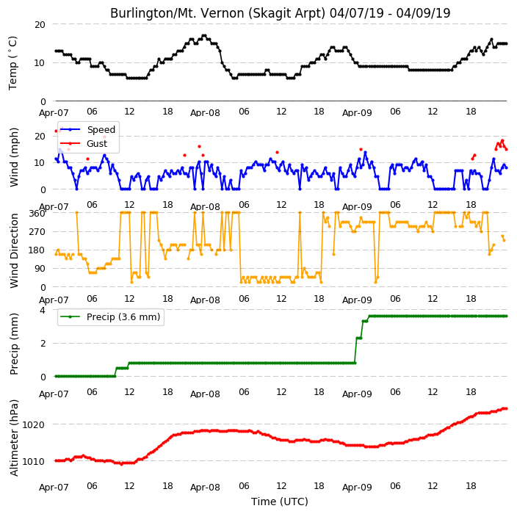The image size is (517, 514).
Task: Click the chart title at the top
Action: point(280,13)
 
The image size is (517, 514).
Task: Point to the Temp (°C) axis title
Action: point(12,63)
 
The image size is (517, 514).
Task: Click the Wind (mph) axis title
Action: point(13,157)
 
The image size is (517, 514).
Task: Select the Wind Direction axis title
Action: point(13,251)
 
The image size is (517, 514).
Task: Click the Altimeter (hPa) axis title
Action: point(13,438)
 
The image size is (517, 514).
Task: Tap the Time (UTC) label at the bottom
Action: point(280,502)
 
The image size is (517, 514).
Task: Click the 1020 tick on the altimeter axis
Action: point(33,424)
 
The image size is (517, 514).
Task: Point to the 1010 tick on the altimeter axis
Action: point(33,461)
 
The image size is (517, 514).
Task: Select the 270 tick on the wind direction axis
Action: point(37,232)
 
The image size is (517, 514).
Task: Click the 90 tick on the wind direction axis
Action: point(40,269)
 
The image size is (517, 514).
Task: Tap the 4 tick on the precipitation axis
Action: point(43,311)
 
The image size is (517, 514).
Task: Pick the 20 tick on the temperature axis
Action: point(40,25)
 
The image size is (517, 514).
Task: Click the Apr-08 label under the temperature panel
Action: point(205,113)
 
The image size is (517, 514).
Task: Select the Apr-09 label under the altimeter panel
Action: point(357,487)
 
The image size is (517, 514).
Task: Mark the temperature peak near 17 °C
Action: point(204,35)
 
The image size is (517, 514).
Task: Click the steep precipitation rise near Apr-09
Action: point(355,350)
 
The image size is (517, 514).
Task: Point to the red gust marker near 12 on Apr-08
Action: point(278,152)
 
